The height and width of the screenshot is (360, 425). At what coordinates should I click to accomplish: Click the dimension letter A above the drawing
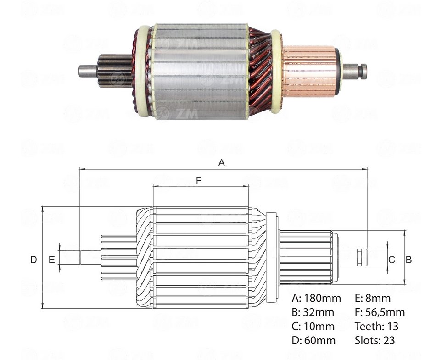[221, 163]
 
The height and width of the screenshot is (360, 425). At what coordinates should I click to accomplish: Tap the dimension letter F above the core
[199, 180]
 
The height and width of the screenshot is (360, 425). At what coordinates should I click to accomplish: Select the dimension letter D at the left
[34, 260]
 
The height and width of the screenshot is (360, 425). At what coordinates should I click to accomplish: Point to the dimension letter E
[51, 260]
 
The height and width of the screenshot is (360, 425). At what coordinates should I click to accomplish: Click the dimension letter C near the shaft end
[391, 260]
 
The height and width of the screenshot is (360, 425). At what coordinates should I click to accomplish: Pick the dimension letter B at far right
[408, 260]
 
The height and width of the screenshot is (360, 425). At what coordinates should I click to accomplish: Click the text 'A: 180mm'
[316, 298]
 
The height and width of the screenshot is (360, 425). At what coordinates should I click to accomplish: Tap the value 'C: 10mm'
[313, 326]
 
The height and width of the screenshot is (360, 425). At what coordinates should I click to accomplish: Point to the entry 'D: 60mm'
[313, 340]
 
